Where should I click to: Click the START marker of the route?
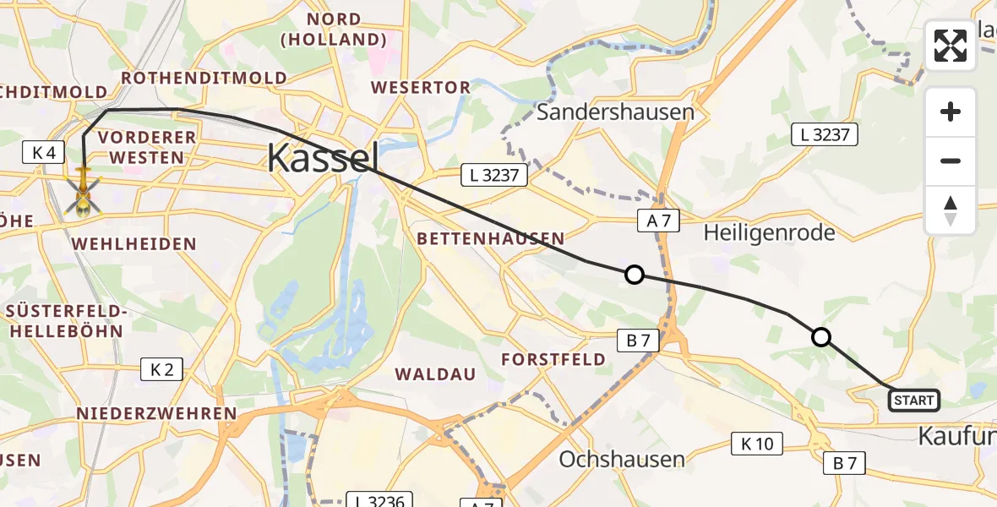click(913, 401)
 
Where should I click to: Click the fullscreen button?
click(951, 46)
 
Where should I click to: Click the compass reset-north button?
click(951, 210)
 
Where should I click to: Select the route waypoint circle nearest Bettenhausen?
click(634, 274)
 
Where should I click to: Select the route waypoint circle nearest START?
click(820, 337)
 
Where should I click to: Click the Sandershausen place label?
click(615, 112)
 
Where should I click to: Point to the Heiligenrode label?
click(769, 232)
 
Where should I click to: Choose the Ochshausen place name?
click(622, 459)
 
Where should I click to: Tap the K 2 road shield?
click(161, 369)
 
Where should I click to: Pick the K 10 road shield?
click(757, 443)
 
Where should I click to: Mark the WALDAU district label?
click(435, 373)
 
